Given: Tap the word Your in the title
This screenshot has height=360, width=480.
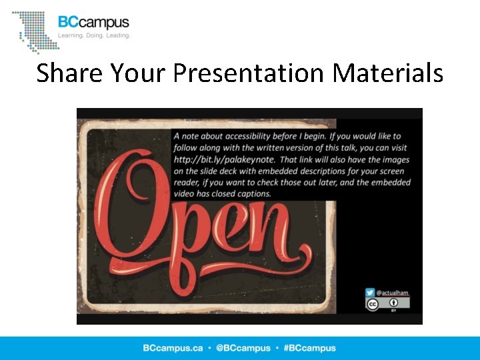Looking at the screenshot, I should click(x=139, y=73).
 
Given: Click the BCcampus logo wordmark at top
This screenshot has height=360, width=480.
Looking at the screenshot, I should click(x=93, y=22).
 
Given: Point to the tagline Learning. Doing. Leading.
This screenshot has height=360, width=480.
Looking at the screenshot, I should click(x=94, y=35).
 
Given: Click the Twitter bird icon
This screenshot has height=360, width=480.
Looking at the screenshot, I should click(x=370, y=293).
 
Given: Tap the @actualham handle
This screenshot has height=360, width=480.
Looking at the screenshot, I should click(x=393, y=293).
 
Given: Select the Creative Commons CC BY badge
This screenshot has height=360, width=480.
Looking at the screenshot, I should click(x=387, y=305).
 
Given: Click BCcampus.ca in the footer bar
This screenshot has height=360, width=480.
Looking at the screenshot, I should click(x=173, y=348).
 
